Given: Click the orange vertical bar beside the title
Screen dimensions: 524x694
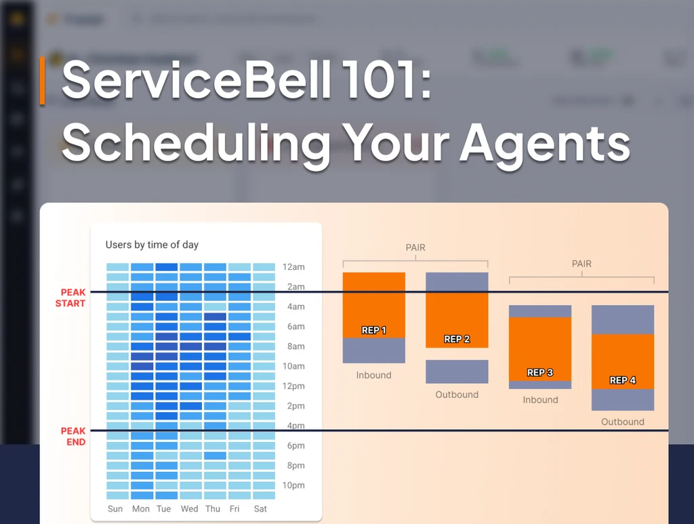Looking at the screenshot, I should pyautogui.click(x=42, y=81).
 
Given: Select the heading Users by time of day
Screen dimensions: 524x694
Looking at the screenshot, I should pyautogui.click(x=152, y=245).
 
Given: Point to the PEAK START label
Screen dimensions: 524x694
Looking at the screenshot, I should pyautogui.click(x=71, y=298).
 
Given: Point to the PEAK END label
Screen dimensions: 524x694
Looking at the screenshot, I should pyautogui.click(x=73, y=437).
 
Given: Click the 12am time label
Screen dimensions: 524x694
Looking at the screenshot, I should pyautogui.click(x=293, y=267).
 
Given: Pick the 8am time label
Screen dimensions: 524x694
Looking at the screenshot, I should pyautogui.click(x=293, y=346).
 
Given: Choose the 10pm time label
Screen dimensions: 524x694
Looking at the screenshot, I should pyautogui.click(x=293, y=485).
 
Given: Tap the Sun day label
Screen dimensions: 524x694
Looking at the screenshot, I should pyautogui.click(x=116, y=508).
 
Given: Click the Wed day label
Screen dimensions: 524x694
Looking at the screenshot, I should pyautogui.click(x=190, y=508).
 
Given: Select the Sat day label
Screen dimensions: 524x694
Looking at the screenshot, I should pyautogui.click(x=260, y=508).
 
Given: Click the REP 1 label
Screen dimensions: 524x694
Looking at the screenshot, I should pyautogui.click(x=374, y=330).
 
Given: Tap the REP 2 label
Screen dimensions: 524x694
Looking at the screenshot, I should pyautogui.click(x=457, y=339).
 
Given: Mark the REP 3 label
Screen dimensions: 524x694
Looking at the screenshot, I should pyautogui.click(x=540, y=372).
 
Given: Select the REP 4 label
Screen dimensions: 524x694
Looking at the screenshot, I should pyautogui.click(x=623, y=380).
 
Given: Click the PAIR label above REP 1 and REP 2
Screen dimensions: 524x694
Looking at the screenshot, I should pyautogui.click(x=415, y=247).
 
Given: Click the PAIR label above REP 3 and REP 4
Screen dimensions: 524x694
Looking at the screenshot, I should pyautogui.click(x=581, y=264).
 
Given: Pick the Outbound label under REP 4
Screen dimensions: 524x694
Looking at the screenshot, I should pyautogui.click(x=623, y=422).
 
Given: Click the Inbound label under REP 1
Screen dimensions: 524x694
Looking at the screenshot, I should pyautogui.click(x=374, y=375).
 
